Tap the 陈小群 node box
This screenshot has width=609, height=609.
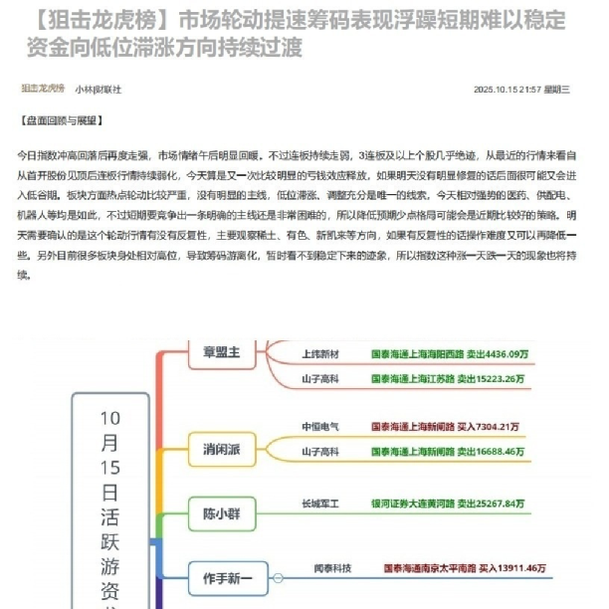[x=222, y=513]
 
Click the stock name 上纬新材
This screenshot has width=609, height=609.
[x=320, y=353]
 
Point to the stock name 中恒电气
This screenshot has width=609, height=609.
[x=320, y=427]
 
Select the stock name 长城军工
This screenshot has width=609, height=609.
[x=320, y=504]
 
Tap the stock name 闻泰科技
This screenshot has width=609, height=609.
[x=333, y=568]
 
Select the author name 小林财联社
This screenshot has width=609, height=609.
[x=99, y=90]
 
